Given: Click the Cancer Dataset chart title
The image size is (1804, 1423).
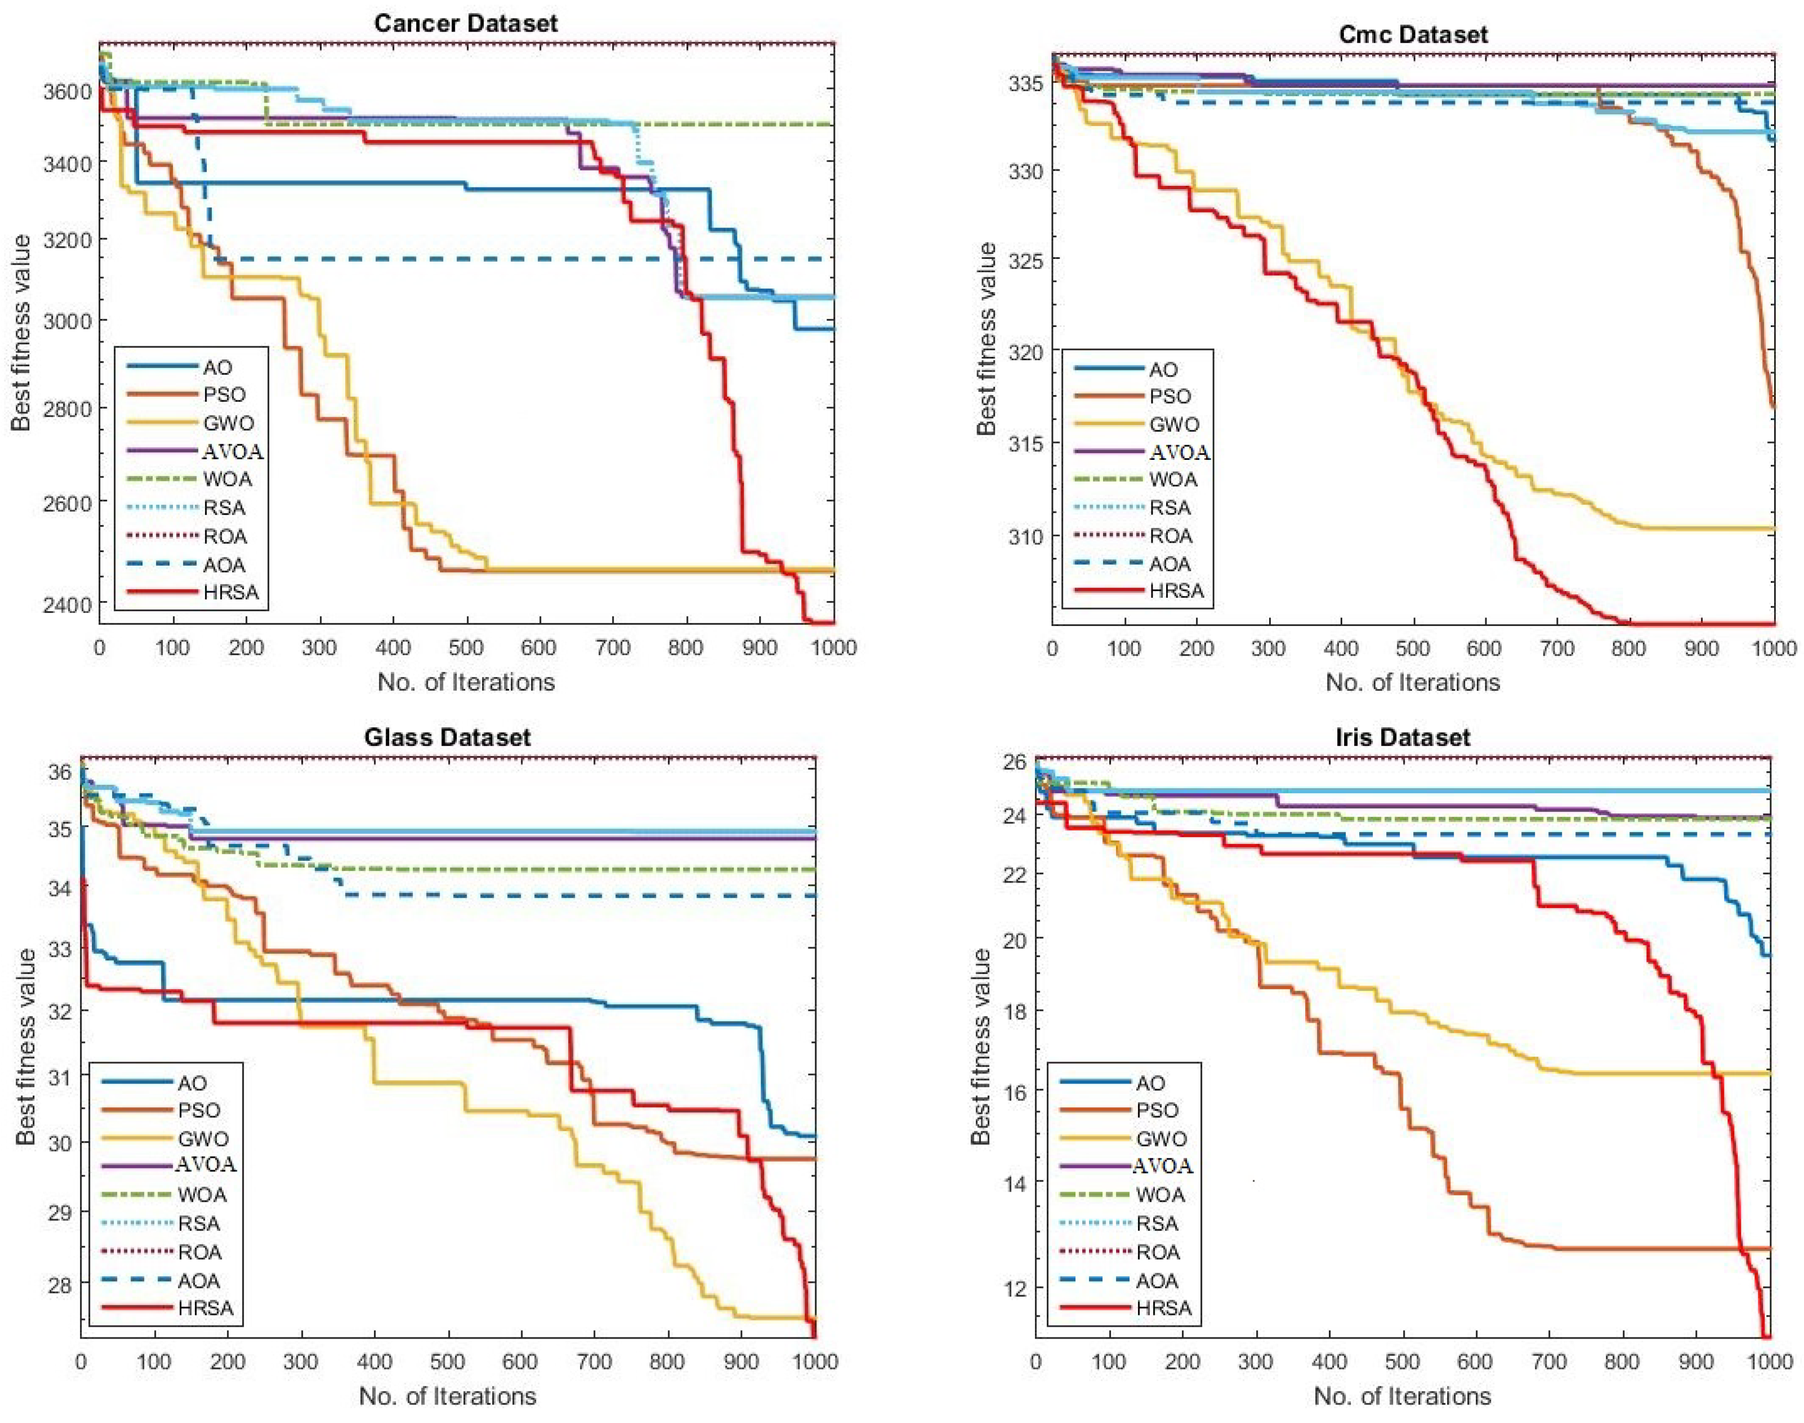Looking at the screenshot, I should pos(465,23).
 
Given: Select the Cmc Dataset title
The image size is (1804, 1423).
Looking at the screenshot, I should pos(1412,34).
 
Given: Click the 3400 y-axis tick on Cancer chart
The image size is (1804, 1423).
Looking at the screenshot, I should pos(68,163).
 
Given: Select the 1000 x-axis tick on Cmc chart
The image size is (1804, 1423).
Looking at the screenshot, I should pos(1773,648).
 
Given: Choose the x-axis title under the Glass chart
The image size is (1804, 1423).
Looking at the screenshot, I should pos(448,1395).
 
